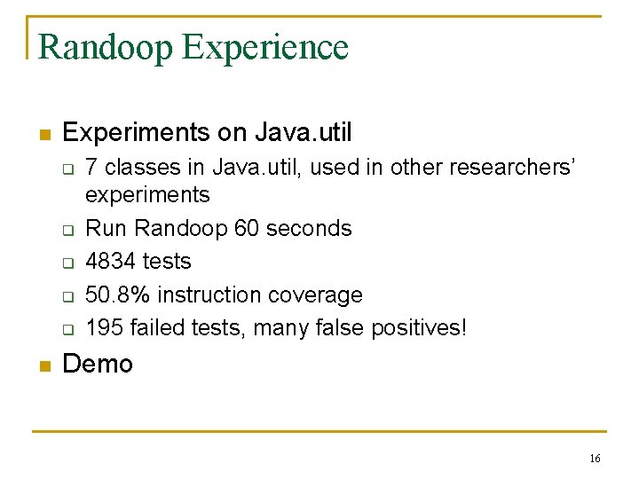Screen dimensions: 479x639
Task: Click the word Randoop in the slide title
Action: (106, 47)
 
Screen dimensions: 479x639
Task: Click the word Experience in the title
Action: (265, 47)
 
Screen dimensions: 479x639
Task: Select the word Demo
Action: (98, 364)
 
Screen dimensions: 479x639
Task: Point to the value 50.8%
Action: (114, 294)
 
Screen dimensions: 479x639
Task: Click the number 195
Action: (104, 328)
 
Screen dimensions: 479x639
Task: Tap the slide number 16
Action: (595, 459)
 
